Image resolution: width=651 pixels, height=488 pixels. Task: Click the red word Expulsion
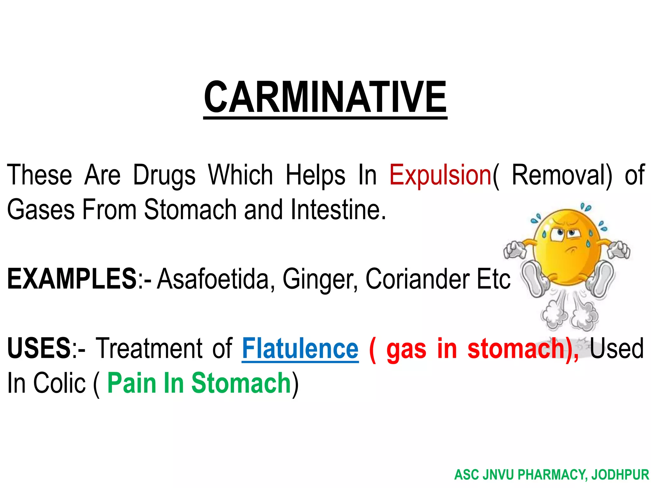(x=441, y=176)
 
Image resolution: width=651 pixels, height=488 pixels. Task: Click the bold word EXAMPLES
(x=72, y=279)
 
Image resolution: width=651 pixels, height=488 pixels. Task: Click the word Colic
(x=59, y=383)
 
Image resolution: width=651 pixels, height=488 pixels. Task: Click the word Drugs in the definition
(x=164, y=176)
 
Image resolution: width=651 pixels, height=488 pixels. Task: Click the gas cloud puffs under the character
(x=569, y=315)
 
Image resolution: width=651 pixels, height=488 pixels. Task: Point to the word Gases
(x=41, y=209)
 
